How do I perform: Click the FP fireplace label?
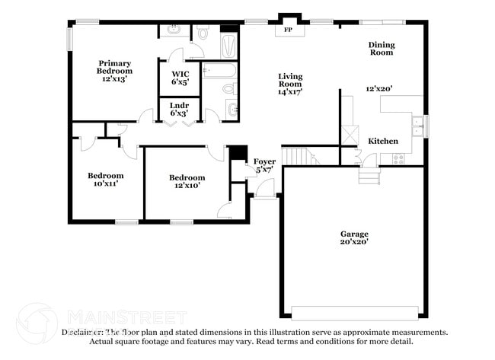click(x=289, y=30)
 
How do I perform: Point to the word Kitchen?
click(x=383, y=142)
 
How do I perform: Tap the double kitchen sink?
click(x=417, y=126)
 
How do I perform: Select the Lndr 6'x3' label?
click(x=179, y=109)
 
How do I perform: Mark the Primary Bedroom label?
click(x=114, y=70)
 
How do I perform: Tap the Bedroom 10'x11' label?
click(x=106, y=180)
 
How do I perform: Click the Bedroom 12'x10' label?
click(x=187, y=182)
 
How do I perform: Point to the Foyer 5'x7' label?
click(x=264, y=165)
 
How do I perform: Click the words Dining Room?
click(x=382, y=49)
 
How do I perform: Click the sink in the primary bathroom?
click(x=173, y=31)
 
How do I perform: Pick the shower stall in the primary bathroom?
click(x=228, y=44)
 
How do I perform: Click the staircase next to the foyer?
click(x=299, y=156)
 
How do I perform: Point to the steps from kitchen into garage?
click(x=369, y=176)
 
